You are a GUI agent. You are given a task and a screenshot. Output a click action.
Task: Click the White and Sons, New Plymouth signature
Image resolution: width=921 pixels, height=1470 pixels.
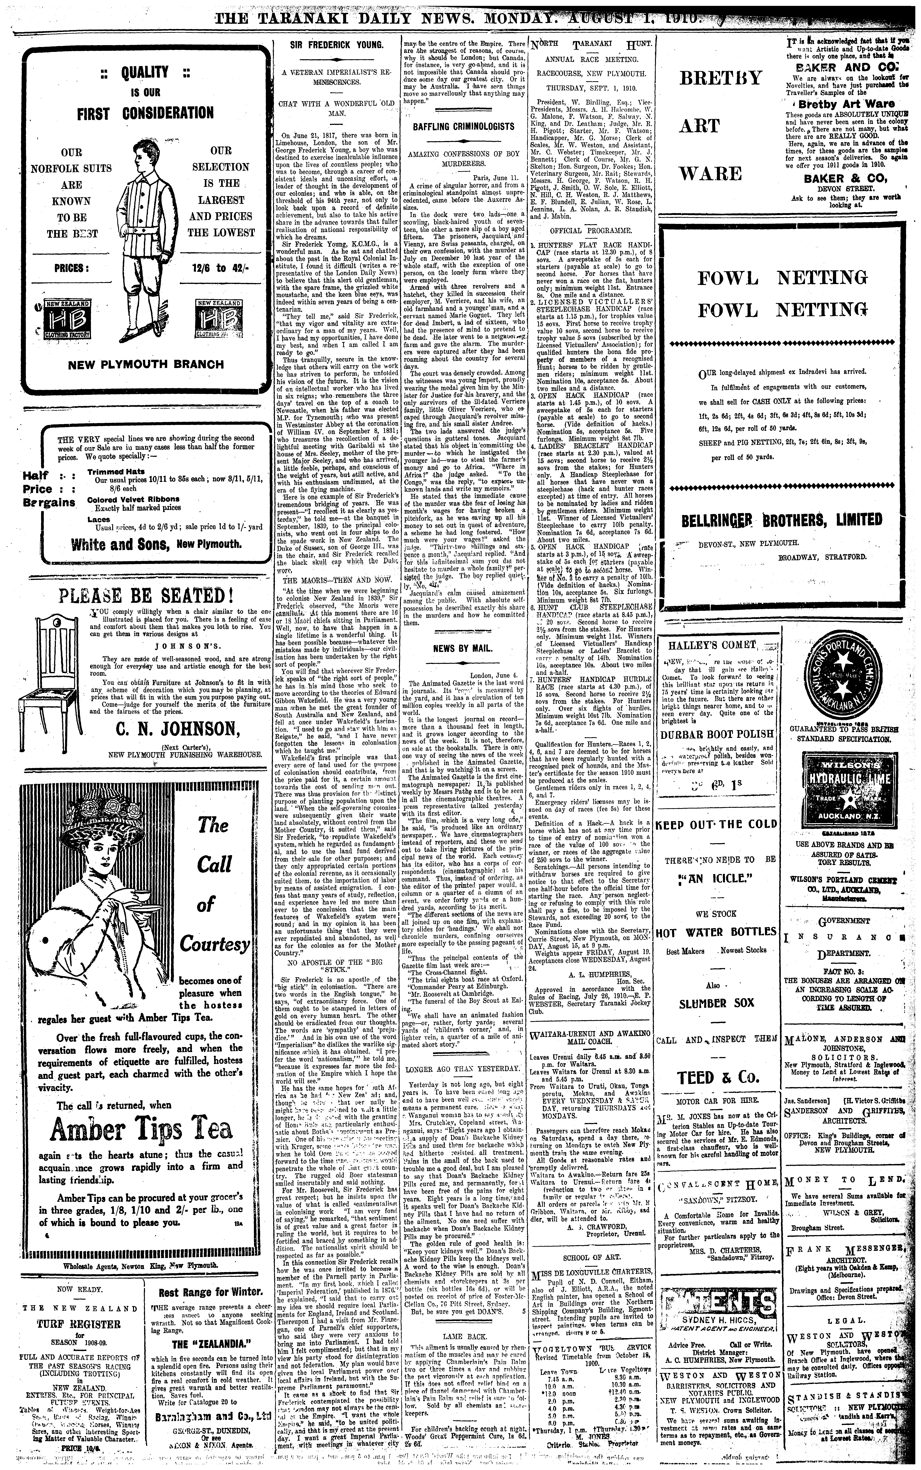(156, 544)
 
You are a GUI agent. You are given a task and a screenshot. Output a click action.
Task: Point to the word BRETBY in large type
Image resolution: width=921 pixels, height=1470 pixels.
(720, 78)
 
